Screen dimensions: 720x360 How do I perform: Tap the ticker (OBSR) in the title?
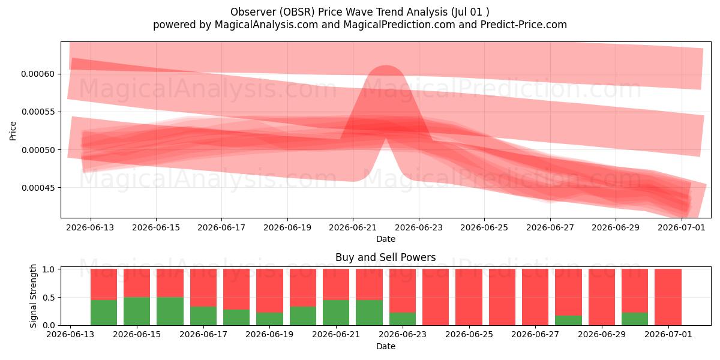point(297,12)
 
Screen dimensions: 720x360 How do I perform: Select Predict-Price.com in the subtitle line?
point(524,25)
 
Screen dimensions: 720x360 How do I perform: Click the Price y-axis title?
point(13,131)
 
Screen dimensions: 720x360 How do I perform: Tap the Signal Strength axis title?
point(33,296)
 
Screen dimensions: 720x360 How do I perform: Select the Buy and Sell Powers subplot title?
point(386,257)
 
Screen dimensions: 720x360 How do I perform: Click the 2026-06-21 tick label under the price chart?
point(353,227)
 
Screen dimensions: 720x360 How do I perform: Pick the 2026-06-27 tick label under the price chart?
point(550,227)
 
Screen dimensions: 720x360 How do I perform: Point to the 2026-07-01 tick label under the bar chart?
point(668,335)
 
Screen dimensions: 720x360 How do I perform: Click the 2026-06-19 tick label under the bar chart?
point(269,335)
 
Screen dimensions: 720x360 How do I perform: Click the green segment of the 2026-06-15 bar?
point(137,311)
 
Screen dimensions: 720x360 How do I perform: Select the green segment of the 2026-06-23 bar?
point(403,319)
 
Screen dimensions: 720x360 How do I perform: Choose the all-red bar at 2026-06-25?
point(469,297)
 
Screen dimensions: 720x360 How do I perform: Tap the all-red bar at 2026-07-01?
point(668,297)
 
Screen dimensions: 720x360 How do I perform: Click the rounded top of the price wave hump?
point(386,66)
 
